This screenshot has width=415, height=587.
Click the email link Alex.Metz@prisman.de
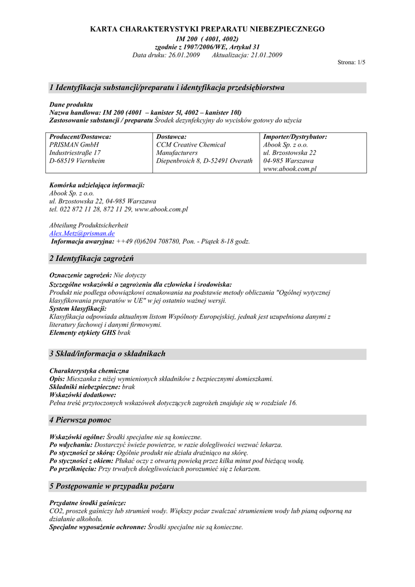click(x=82, y=234)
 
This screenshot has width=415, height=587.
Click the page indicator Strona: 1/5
click(x=351, y=62)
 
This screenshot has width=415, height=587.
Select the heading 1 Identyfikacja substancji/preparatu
click(x=167, y=88)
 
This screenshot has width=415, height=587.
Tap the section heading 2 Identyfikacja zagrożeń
click(x=92, y=259)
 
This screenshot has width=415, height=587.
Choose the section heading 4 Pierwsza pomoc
click(x=80, y=420)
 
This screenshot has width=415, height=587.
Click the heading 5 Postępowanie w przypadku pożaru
click(x=112, y=486)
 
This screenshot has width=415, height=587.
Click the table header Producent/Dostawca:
click(x=80, y=137)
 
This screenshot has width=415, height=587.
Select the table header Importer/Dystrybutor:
click(x=295, y=137)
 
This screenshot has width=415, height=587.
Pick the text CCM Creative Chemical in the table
click(x=191, y=145)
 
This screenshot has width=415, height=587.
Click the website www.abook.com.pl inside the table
click(x=289, y=169)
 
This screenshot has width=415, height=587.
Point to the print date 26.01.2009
click(x=184, y=55)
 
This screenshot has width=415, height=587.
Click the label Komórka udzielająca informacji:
click(x=97, y=185)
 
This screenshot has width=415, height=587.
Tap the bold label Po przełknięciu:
click(x=73, y=468)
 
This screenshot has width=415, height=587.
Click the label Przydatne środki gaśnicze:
click(x=88, y=502)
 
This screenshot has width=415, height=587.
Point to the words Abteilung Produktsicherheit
click(x=89, y=225)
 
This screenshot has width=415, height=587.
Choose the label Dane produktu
click(x=71, y=105)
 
